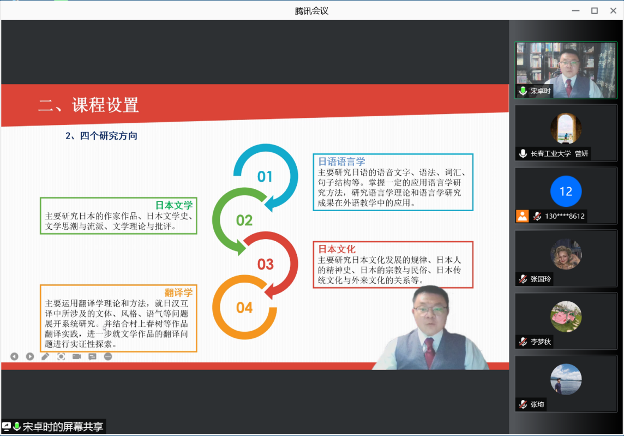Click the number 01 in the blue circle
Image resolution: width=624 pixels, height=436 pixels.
265,176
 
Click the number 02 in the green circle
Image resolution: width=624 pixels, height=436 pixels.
244,220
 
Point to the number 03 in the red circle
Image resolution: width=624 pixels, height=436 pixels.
265,265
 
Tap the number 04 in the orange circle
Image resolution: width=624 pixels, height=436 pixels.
244,308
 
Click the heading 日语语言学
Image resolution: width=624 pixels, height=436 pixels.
341,162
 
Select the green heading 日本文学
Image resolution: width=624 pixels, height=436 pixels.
174,205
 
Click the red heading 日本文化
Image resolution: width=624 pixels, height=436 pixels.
337,249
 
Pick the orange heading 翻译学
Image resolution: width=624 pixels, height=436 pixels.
178,292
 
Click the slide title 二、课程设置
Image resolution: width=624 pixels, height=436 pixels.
88,105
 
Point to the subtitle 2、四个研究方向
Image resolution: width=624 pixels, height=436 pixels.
101,136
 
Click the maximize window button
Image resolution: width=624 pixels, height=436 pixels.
595,10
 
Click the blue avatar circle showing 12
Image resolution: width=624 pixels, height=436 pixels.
566,192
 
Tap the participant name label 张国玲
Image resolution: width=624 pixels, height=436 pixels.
541,279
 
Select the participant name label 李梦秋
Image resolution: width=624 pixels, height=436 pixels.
541,342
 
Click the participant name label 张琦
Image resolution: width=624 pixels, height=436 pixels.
537,404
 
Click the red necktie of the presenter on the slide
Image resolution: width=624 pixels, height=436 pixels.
429,351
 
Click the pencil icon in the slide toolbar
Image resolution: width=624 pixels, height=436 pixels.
45,356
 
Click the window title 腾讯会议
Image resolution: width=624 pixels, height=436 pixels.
311,10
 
